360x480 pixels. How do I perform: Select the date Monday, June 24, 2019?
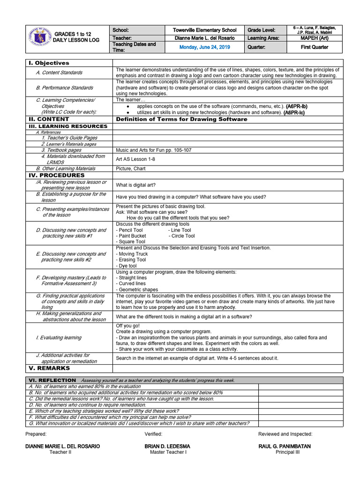point(204,47)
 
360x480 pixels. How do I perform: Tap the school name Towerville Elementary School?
point(204,30)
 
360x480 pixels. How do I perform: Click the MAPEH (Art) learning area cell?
point(314,38)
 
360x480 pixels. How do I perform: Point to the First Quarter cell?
point(314,47)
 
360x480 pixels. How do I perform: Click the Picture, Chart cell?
point(131,168)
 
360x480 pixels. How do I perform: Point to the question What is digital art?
point(136,185)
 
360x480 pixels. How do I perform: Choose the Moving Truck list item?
point(133,254)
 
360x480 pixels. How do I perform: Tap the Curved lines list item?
point(132,284)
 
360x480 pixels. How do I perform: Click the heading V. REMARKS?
point(49,368)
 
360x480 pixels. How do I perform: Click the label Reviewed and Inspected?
point(285,434)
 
